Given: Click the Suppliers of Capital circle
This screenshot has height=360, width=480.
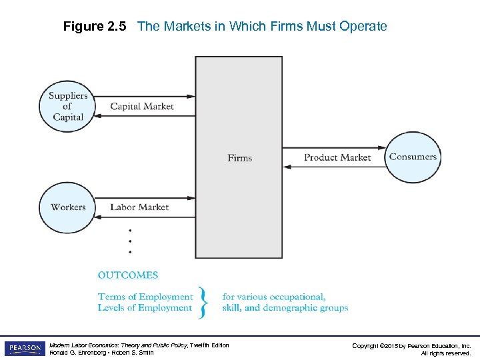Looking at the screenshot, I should point(67,107).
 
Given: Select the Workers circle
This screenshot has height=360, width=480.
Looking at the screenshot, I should point(67,207).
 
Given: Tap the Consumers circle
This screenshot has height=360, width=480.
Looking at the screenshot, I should point(413,157).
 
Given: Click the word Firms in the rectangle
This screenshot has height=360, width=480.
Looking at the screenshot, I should point(239,158).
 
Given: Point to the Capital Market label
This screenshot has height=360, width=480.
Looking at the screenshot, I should point(141,107).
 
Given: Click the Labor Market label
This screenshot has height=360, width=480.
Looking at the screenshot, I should point(139,207).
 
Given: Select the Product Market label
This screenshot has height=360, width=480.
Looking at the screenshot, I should point(337,158).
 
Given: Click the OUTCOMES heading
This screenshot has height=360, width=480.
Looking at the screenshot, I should point(128,275).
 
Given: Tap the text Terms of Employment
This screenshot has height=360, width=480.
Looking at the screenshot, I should point(145,297).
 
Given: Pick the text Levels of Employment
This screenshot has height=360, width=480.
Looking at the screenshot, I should point(145,308).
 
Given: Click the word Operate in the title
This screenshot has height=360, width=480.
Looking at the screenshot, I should point(364,27).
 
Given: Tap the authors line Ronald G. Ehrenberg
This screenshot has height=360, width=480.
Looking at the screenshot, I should point(101,353).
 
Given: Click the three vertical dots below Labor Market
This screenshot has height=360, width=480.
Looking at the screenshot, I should point(130,241).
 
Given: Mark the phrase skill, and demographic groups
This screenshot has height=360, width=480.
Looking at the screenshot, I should point(285,308).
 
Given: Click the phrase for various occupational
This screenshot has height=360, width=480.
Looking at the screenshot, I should point(274,297).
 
